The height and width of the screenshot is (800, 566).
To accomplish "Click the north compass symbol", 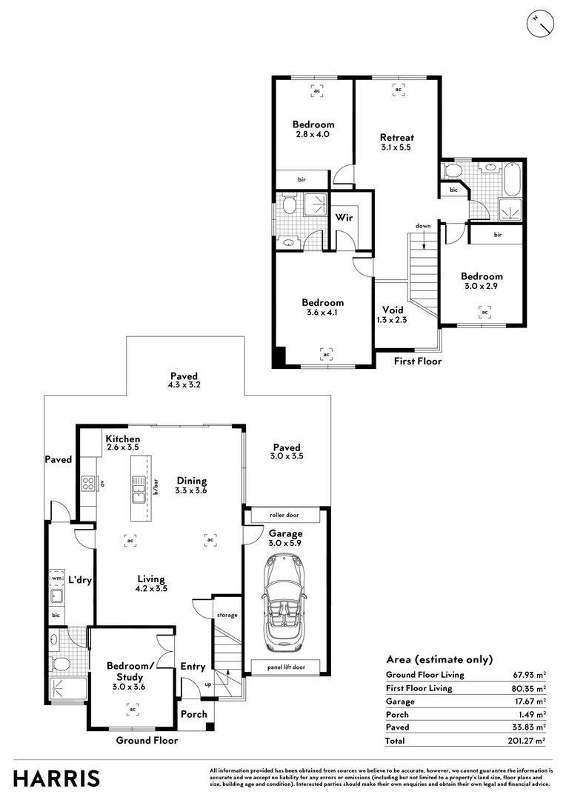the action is coord(540,24).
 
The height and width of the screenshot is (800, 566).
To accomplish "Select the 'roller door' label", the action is coord(284,515).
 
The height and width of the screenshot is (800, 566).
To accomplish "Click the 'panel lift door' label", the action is coord(286,667).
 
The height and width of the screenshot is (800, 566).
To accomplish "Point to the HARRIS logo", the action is coord(56,779).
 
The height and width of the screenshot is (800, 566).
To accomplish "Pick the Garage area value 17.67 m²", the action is coord(530,701).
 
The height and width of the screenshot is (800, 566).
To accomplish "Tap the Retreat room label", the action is coord(396,137).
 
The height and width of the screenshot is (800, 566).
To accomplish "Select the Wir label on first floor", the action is coord(344,217).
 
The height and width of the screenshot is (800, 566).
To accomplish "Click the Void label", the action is coord(393,310).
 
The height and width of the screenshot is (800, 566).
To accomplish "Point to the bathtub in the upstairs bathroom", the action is coord(511,179).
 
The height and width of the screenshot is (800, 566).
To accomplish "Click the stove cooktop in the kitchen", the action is coord(88,483).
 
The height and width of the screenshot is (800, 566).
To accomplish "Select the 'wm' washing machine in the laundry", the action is coord(56,579).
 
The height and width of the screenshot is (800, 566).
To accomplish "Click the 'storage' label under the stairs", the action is coord(227,616).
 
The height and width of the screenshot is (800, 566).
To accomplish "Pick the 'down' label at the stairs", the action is coord(423,225).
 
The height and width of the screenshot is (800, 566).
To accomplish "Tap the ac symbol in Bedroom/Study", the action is coord(133,709).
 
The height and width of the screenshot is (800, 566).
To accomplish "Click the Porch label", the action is coord(194,714).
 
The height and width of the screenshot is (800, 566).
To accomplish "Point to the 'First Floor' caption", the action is coord(418,361).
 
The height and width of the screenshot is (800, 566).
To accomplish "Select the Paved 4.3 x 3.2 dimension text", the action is coord(184,384).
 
